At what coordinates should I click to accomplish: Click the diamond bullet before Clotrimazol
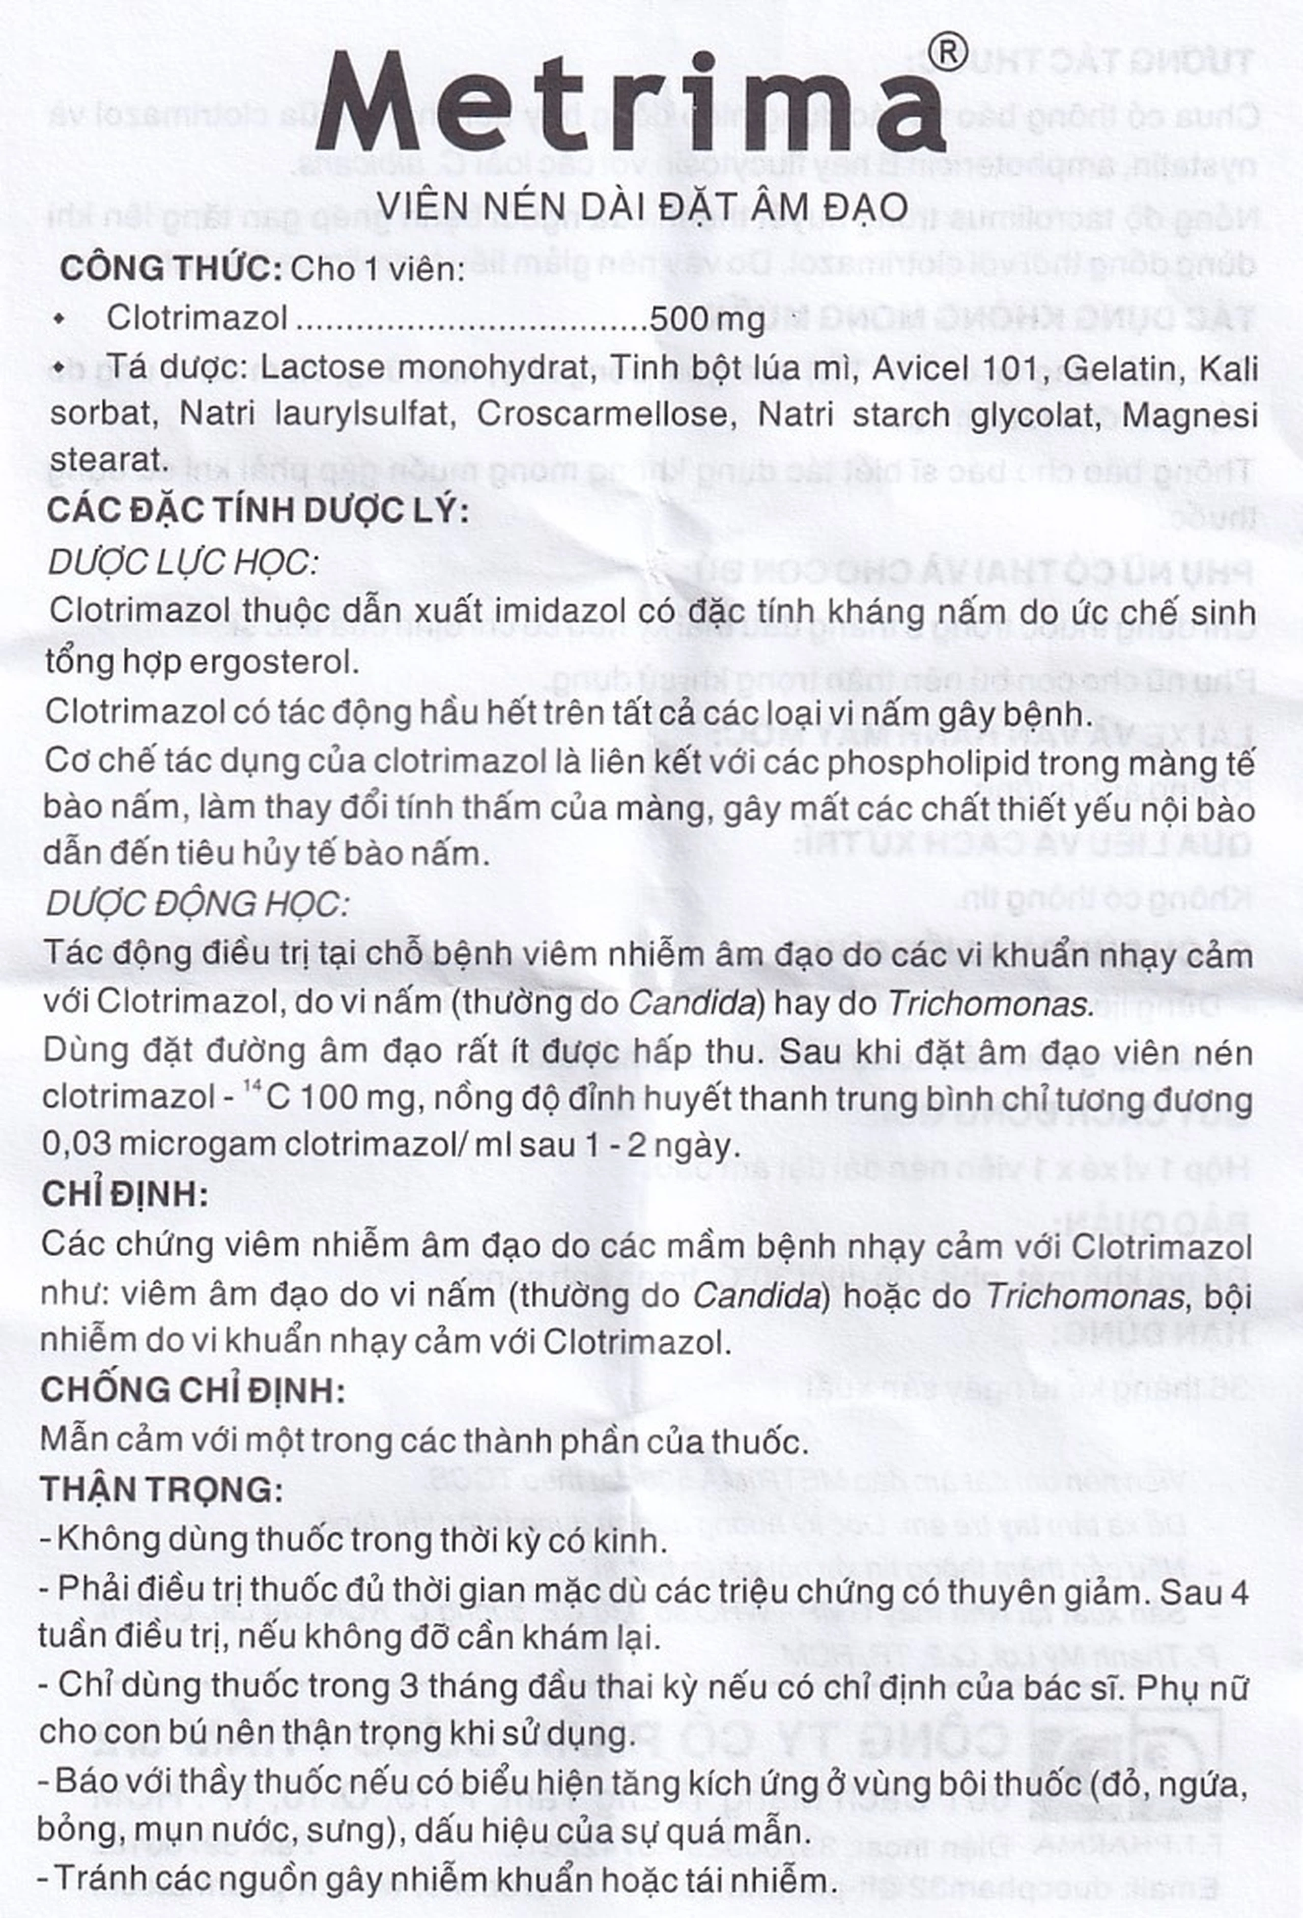(57, 319)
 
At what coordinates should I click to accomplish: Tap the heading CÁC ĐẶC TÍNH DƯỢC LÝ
(258, 510)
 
